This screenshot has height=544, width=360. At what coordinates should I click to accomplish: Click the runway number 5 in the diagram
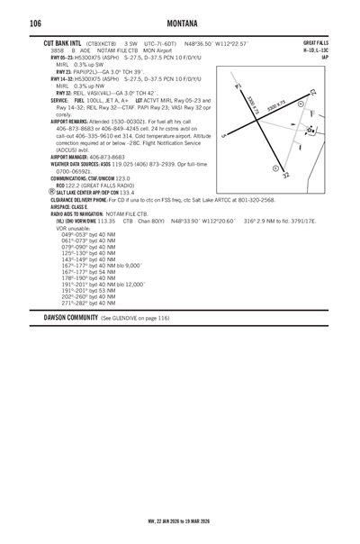tap(221, 136)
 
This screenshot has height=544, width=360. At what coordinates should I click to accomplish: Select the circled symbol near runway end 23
tap(301, 104)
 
